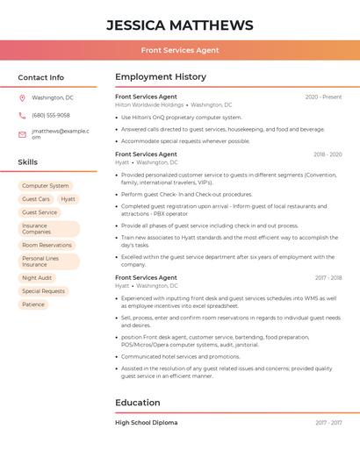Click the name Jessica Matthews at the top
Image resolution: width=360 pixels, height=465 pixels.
pyautogui.click(x=180, y=25)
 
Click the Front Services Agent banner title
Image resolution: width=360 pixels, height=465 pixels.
pyautogui.click(x=180, y=50)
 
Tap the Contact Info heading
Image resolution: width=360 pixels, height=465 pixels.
pyautogui.click(x=41, y=77)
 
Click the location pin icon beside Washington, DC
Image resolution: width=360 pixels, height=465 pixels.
pyautogui.click(x=22, y=98)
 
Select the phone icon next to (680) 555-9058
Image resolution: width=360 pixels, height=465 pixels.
pyautogui.click(x=22, y=115)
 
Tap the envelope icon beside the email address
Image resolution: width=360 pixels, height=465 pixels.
pyautogui.click(x=22, y=134)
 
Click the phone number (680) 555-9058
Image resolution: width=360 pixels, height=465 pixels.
pyautogui.click(x=51, y=115)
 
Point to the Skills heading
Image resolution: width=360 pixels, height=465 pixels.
pyautogui.click(x=28, y=162)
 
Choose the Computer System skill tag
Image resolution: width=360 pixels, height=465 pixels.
pyautogui.click(x=46, y=186)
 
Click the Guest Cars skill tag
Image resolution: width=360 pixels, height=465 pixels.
pyautogui.click(x=36, y=199)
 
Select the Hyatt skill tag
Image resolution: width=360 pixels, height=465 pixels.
pyautogui.click(x=68, y=199)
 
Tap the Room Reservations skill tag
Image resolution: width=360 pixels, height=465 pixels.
pyautogui.click(x=47, y=246)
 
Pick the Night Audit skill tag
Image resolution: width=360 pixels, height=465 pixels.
pyautogui.click(x=38, y=278)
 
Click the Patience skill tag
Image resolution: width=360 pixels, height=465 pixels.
pyautogui.click(x=33, y=304)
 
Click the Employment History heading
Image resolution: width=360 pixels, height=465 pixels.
pyautogui.click(x=161, y=77)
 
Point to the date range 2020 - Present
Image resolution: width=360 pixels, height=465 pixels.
pyautogui.click(x=323, y=97)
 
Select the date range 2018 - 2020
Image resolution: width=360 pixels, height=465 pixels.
pyautogui.click(x=328, y=154)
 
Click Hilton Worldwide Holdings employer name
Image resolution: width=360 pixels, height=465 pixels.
pyautogui.click(x=149, y=105)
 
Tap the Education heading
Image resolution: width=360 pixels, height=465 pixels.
pyautogui.click(x=138, y=403)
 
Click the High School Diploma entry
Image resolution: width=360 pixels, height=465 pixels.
pyautogui.click(x=147, y=423)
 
